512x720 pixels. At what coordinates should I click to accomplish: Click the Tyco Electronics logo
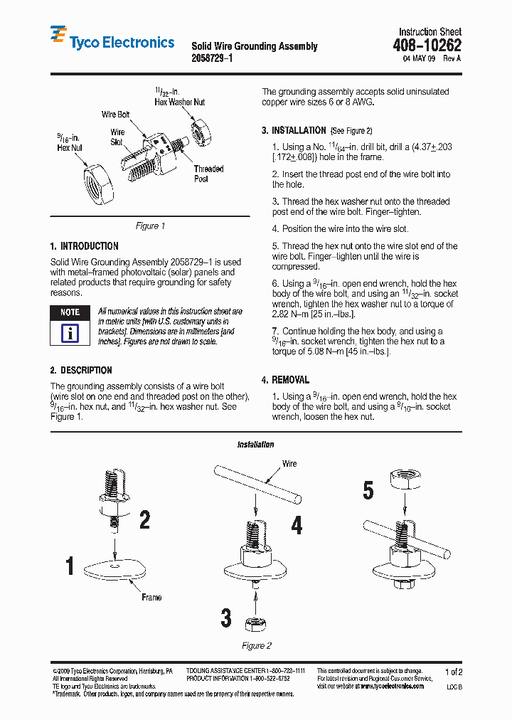tap(112, 42)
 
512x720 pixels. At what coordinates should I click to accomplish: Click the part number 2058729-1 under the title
tap(211, 59)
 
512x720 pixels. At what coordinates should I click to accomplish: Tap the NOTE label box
tap(70, 312)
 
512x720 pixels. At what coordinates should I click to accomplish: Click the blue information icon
tap(70, 332)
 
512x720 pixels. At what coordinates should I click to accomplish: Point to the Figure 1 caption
tap(150, 226)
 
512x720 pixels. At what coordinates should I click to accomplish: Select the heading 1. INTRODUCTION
tap(84, 246)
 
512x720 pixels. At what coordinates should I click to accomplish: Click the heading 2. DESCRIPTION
tap(81, 371)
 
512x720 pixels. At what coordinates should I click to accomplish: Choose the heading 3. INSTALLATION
tap(294, 131)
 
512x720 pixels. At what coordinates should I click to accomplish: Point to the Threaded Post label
tap(208, 174)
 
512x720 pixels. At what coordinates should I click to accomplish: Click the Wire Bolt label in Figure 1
tap(115, 115)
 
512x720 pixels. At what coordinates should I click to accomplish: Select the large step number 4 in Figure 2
tap(297, 525)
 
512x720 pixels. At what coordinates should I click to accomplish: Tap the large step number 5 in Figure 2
tap(368, 491)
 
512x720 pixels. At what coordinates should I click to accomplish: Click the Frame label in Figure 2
tap(151, 598)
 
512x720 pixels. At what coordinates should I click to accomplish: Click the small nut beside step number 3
tap(255, 624)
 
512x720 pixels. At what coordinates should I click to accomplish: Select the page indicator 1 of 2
tap(453, 672)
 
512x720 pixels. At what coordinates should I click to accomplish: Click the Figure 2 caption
tap(257, 646)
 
